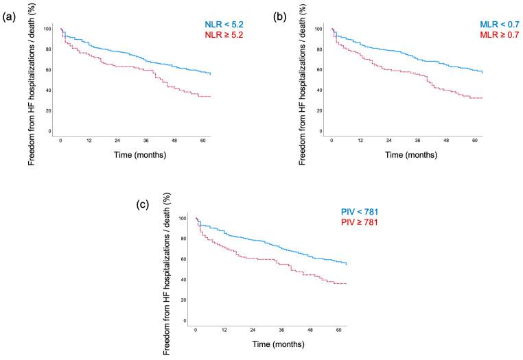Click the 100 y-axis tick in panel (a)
[x=47, y=29]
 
